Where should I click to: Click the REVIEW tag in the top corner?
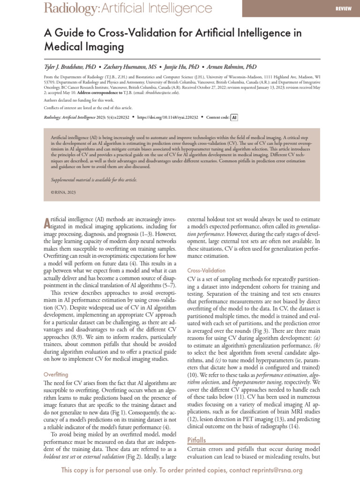click(343, 8)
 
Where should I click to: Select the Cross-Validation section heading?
click(206, 270)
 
